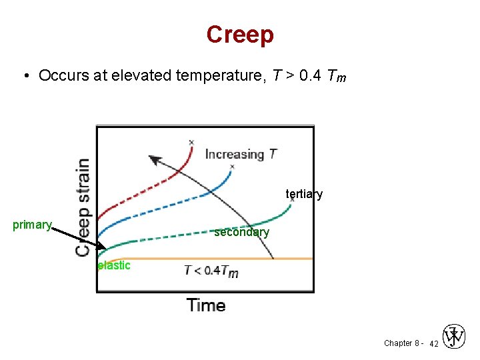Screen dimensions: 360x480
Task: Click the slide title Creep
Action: (240, 35)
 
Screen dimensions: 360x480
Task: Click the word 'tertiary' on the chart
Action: (304, 194)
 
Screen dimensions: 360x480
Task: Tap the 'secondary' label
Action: (241, 232)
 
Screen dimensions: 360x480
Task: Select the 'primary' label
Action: (32, 225)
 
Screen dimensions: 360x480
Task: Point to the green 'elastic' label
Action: (114, 265)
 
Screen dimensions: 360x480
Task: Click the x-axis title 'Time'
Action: (206, 305)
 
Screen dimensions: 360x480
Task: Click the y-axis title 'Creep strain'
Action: (83, 207)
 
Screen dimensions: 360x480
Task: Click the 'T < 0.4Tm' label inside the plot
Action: (211, 271)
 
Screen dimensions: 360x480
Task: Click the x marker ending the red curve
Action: (191, 142)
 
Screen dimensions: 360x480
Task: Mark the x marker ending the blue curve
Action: (232, 166)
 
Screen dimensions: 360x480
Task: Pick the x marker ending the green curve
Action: (292, 199)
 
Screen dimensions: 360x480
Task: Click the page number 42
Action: (433, 343)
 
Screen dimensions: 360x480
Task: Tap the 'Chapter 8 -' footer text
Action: (401, 343)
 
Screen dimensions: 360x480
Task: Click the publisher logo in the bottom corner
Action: (455, 337)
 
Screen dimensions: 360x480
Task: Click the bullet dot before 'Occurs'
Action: (25, 75)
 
